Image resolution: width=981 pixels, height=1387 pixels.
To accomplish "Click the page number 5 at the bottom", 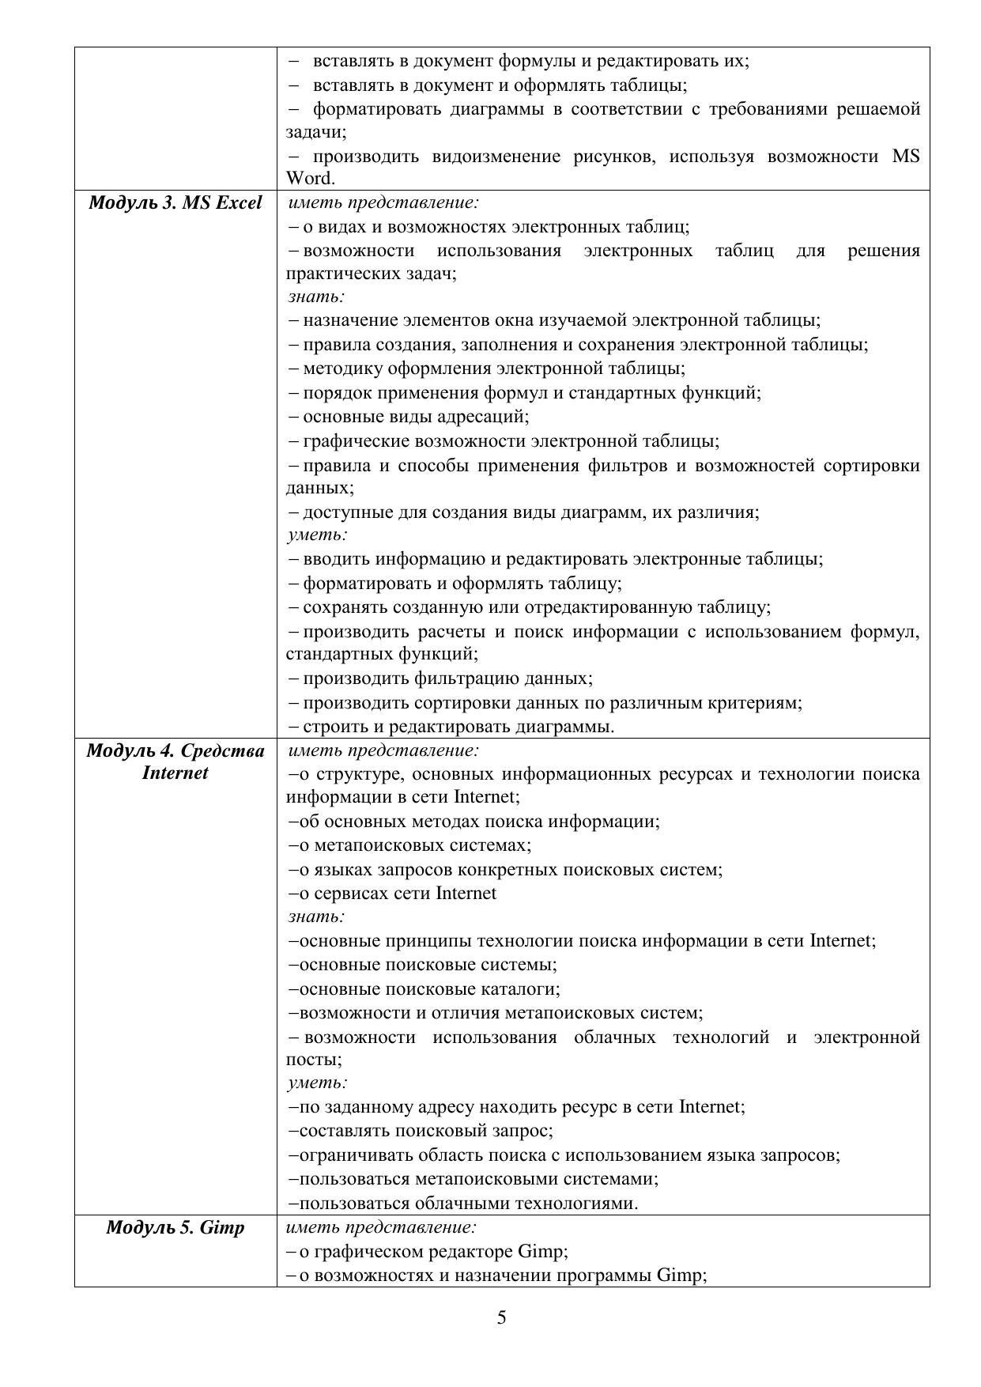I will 502,1317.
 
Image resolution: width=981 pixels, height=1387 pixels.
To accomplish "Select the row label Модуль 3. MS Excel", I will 175,203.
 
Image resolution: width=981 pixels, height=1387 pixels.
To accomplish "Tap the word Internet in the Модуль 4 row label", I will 175,773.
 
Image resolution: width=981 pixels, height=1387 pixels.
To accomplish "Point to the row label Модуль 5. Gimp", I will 175,1228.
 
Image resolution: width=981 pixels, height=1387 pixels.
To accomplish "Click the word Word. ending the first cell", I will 310,179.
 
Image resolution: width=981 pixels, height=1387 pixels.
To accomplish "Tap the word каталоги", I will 524,989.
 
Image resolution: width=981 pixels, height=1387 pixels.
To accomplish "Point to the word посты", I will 312,1060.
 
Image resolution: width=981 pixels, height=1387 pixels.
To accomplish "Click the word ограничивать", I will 352,1155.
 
